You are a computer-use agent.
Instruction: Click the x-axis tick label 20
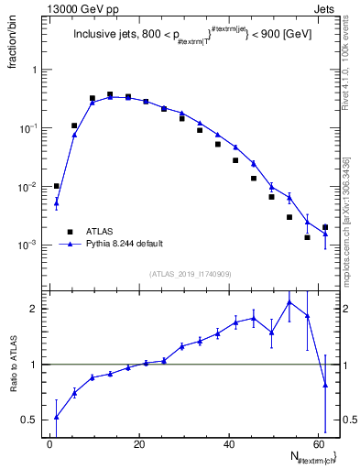[139, 444]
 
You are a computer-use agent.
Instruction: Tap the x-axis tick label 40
[229, 444]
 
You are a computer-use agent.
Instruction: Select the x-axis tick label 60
[318, 444]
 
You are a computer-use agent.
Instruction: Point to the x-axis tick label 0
[50, 444]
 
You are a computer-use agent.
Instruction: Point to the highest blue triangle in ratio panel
[289, 301]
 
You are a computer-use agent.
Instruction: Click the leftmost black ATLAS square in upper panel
[56, 186]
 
